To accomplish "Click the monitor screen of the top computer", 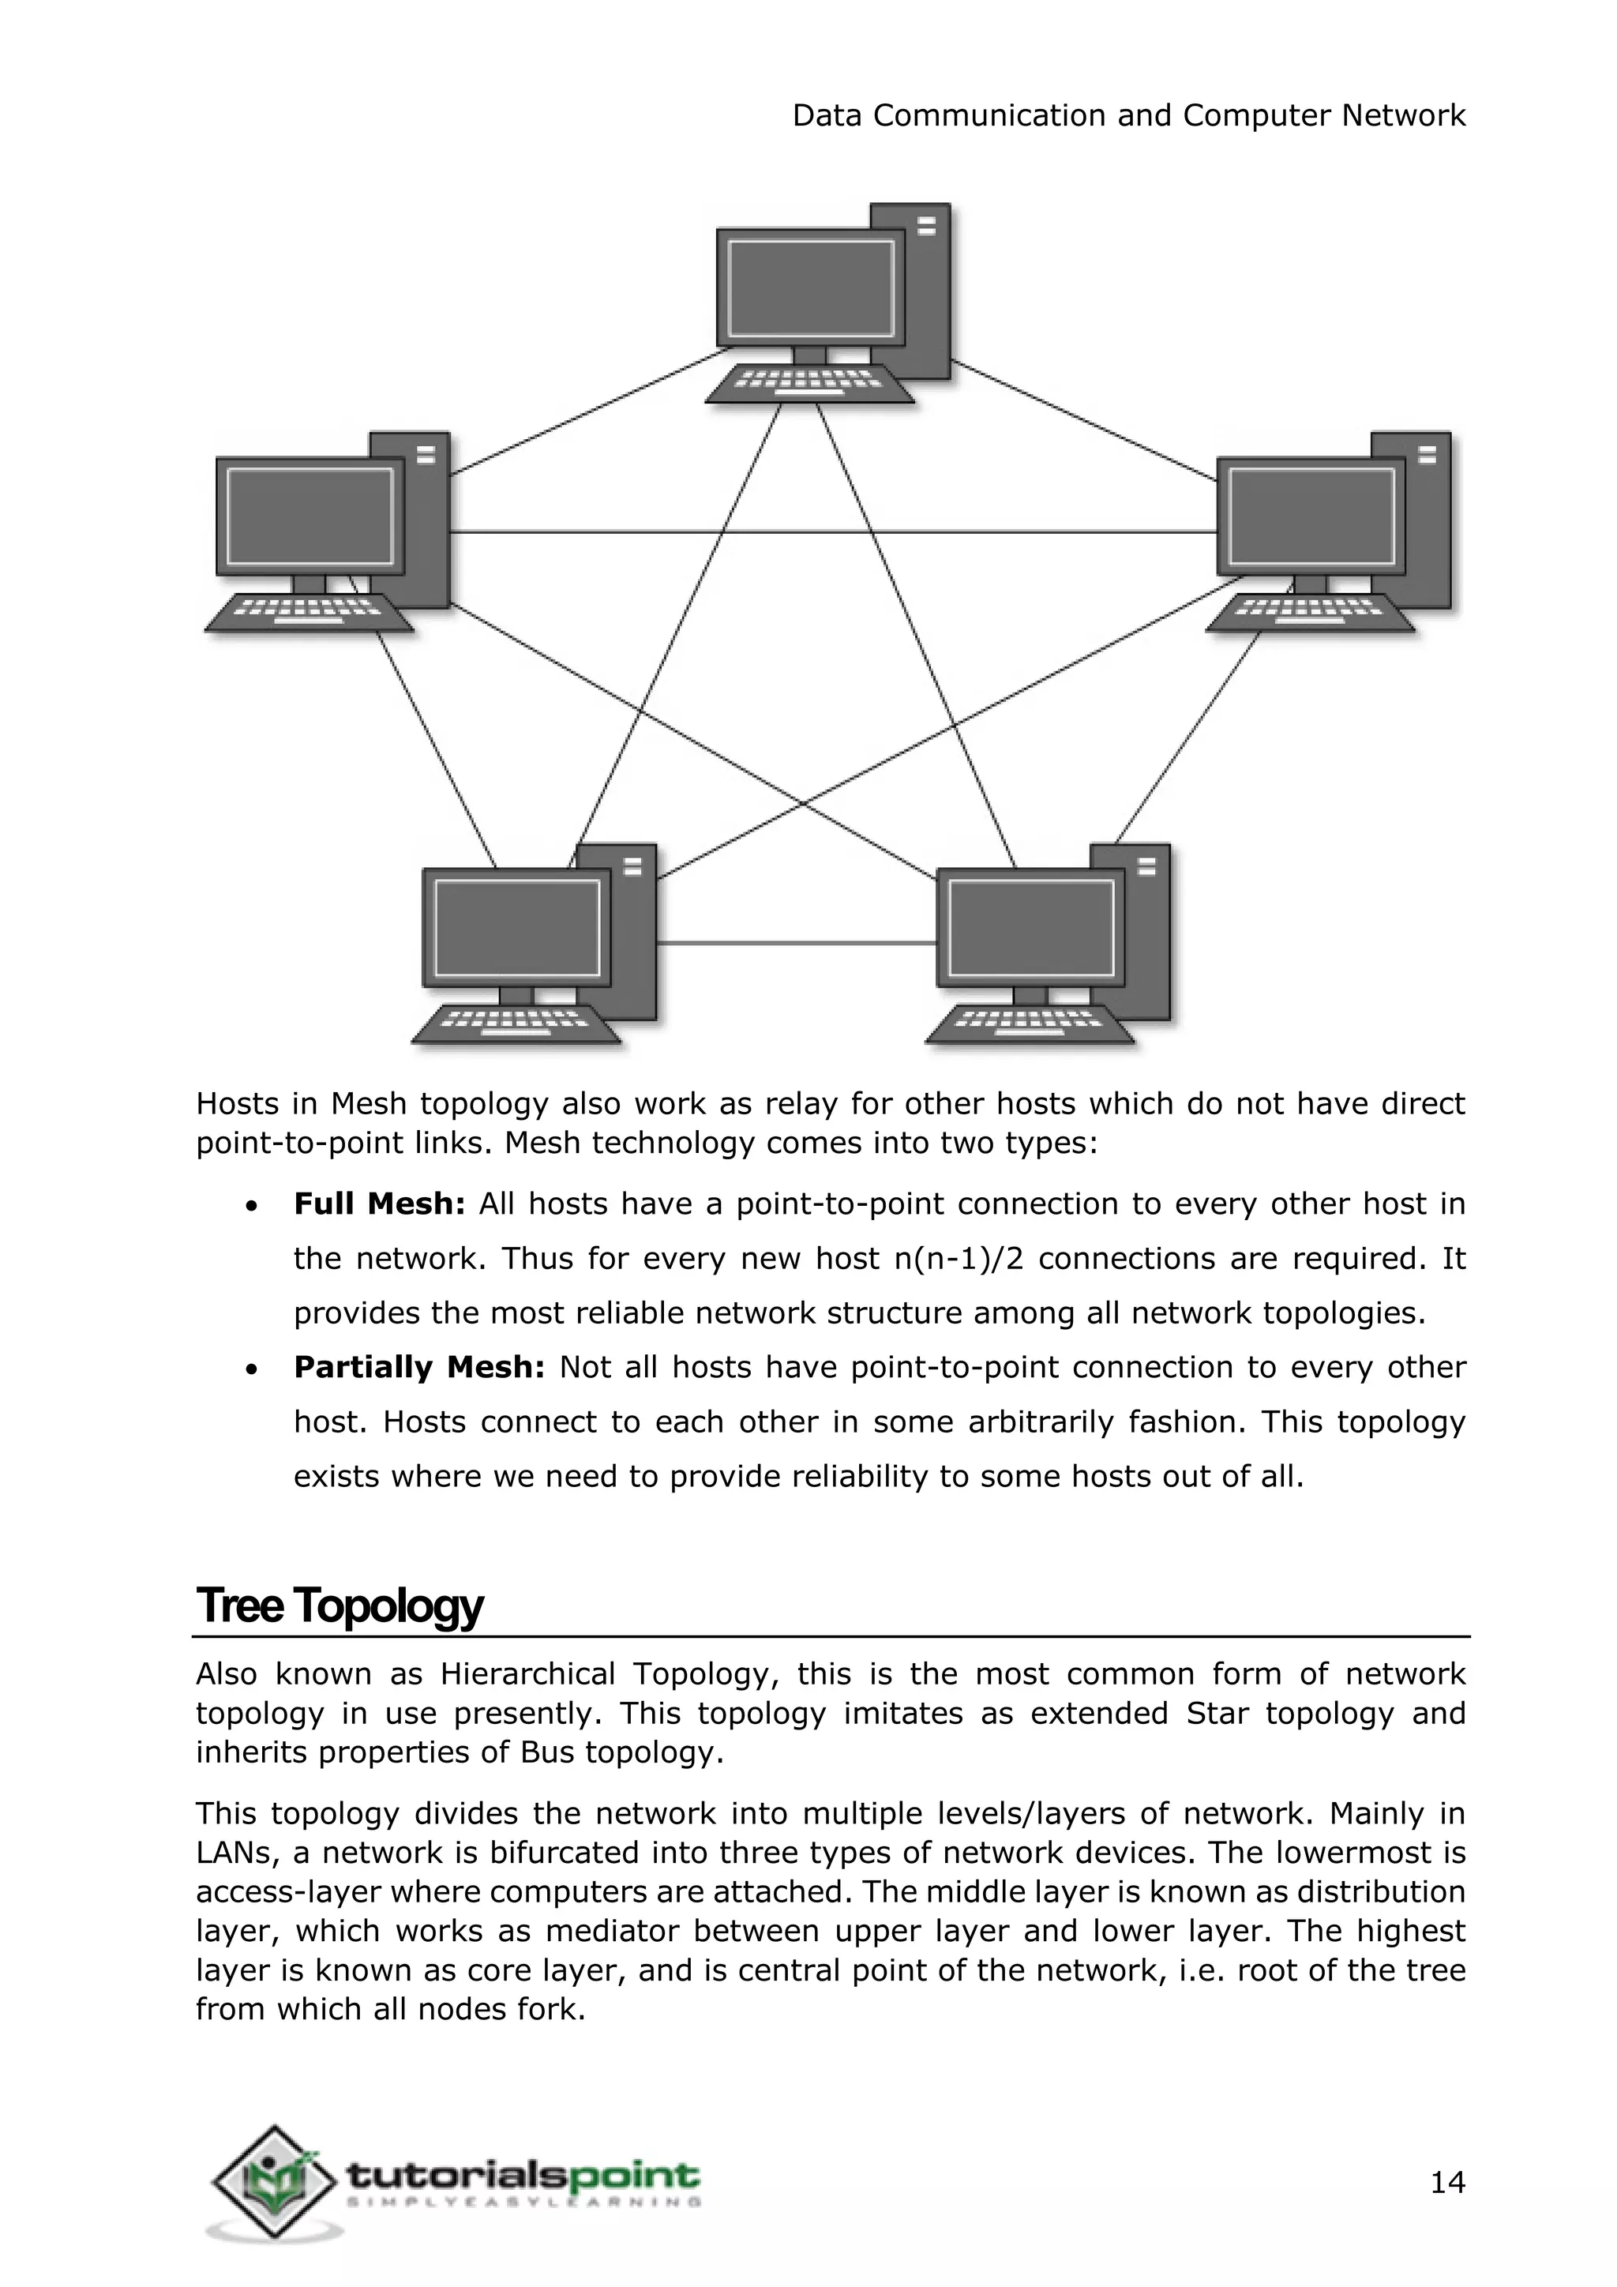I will tap(811, 289).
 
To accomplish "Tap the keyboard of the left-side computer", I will tap(309, 613).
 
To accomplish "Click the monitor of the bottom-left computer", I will tap(516, 929).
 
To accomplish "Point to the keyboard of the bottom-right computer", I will tap(1030, 1025).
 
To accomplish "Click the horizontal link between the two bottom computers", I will tap(797, 942).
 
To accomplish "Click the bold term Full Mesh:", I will tap(379, 1204).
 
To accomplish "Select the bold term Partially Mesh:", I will tap(418, 1368).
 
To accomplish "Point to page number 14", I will tap(1446, 2183).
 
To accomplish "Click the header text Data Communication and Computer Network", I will tap(1128, 115).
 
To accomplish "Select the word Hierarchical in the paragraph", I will tap(527, 1674).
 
